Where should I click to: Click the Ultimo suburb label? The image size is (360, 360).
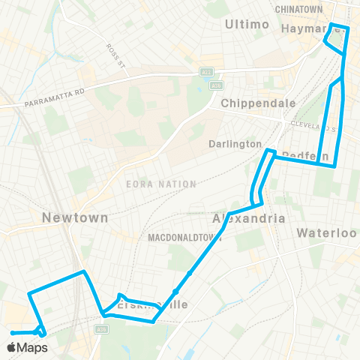point(247,25)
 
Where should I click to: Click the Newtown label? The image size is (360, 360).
point(75,217)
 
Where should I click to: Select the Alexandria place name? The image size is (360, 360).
point(250,218)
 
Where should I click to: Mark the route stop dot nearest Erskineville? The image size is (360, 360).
point(175,291)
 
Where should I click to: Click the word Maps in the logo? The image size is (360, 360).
point(34,348)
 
